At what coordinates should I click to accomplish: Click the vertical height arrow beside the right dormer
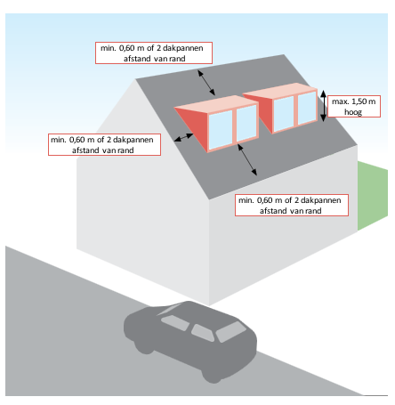(x=324, y=106)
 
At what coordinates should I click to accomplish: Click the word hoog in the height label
(x=353, y=112)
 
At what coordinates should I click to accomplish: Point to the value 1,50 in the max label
(x=359, y=101)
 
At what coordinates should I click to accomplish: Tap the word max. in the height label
(x=341, y=101)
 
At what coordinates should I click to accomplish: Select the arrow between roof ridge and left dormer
(x=206, y=83)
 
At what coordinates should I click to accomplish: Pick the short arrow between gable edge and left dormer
(x=184, y=137)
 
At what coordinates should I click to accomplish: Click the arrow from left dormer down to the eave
(x=247, y=159)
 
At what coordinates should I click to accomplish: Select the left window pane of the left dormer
(x=221, y=130)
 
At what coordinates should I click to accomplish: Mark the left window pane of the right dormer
(x=284, y=114)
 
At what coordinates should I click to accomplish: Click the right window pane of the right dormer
(x=307, y=108)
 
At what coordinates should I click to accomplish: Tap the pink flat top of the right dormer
(x=280, y=91)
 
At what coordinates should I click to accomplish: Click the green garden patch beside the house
(x=373, y=194)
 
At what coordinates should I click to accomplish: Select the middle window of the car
(x=203, y=332)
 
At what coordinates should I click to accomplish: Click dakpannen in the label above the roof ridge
(x=183, y=48)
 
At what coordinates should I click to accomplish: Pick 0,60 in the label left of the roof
(x=77, y=140)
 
